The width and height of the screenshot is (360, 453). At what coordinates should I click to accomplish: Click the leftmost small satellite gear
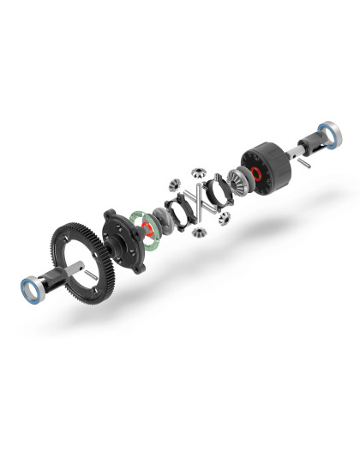(175, 183)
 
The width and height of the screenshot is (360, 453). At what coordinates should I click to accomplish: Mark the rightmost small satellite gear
(225, 220)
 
